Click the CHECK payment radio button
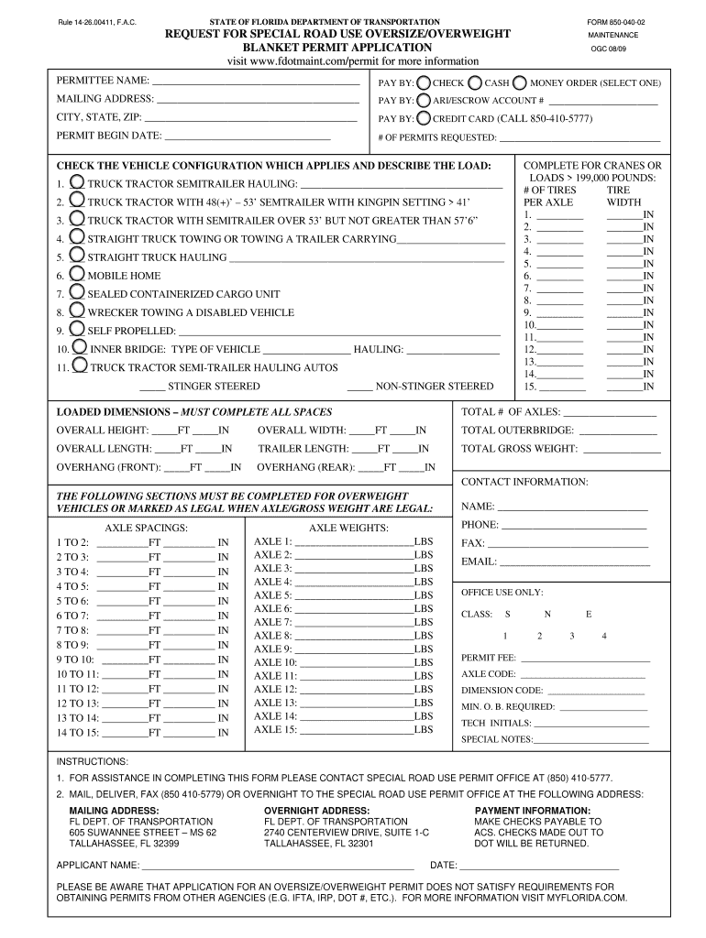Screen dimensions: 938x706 tap(424, 82)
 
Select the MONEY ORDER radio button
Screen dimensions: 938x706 tap(521, 82)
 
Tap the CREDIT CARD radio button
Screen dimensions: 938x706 tap(424, 118)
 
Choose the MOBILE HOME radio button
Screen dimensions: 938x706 tap(78, 274)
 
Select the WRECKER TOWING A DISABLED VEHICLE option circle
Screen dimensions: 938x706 tap(78, 311)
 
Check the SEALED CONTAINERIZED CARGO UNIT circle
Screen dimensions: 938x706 tap(78, 292)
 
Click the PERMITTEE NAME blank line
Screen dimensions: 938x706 tap(256, 83)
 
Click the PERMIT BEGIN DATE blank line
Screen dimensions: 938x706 tap(248, 136)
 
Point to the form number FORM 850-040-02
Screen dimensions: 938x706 tap(616, 21)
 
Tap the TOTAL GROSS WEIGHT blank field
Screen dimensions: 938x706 tap(616, 451)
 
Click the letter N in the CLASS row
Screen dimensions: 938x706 tap(547, 614)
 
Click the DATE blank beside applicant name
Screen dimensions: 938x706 tap(540, 867)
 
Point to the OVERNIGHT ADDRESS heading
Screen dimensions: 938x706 tap(316, 811)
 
